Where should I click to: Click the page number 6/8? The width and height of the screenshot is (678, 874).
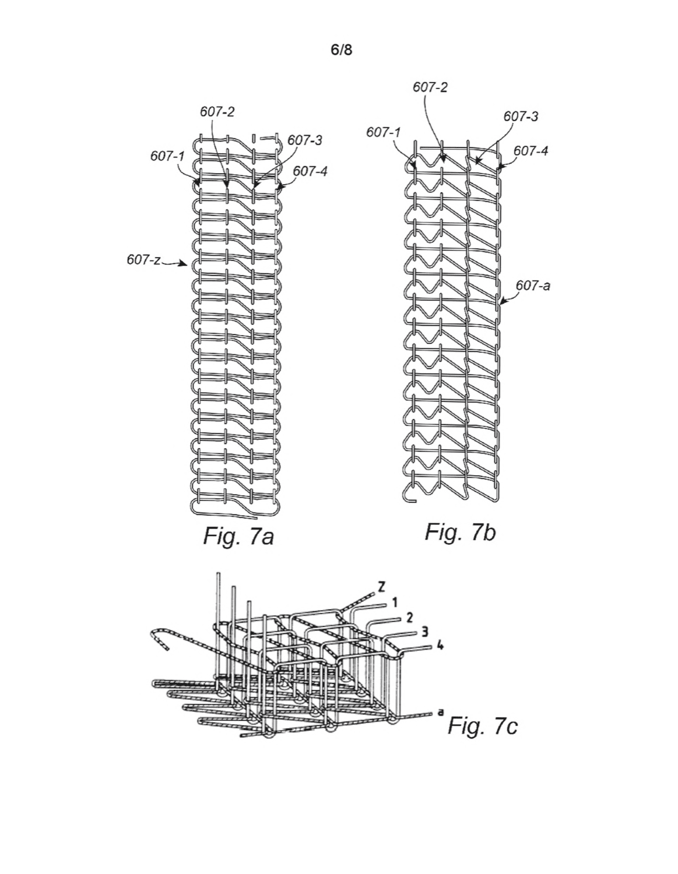[341, 50]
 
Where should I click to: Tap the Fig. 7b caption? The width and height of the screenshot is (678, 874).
[460, 532]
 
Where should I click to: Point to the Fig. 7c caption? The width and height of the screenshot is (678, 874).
[483, 725]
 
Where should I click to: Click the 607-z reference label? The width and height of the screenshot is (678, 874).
[143, 260]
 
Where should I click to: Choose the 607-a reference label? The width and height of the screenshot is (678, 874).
[533, 286]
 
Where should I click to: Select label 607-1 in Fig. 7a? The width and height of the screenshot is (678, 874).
[167, 156]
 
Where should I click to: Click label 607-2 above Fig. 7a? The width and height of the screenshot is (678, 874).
[217, 112]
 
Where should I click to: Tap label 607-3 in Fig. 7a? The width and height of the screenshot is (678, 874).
[304, 140]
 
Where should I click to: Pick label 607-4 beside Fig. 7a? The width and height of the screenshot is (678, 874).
[310, 171]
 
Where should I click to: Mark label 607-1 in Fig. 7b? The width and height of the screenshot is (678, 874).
[384, 132]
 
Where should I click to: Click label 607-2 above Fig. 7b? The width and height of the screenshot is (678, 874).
[430, 87]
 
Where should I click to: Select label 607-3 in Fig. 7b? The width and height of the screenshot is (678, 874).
[521, 116]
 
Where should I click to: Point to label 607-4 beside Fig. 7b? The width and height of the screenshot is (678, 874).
[531, 151]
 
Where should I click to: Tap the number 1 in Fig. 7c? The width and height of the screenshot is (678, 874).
[395, 602]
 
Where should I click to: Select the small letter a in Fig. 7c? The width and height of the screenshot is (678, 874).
[441, 712]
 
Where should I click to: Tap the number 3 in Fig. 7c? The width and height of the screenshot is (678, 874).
[425, 633]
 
